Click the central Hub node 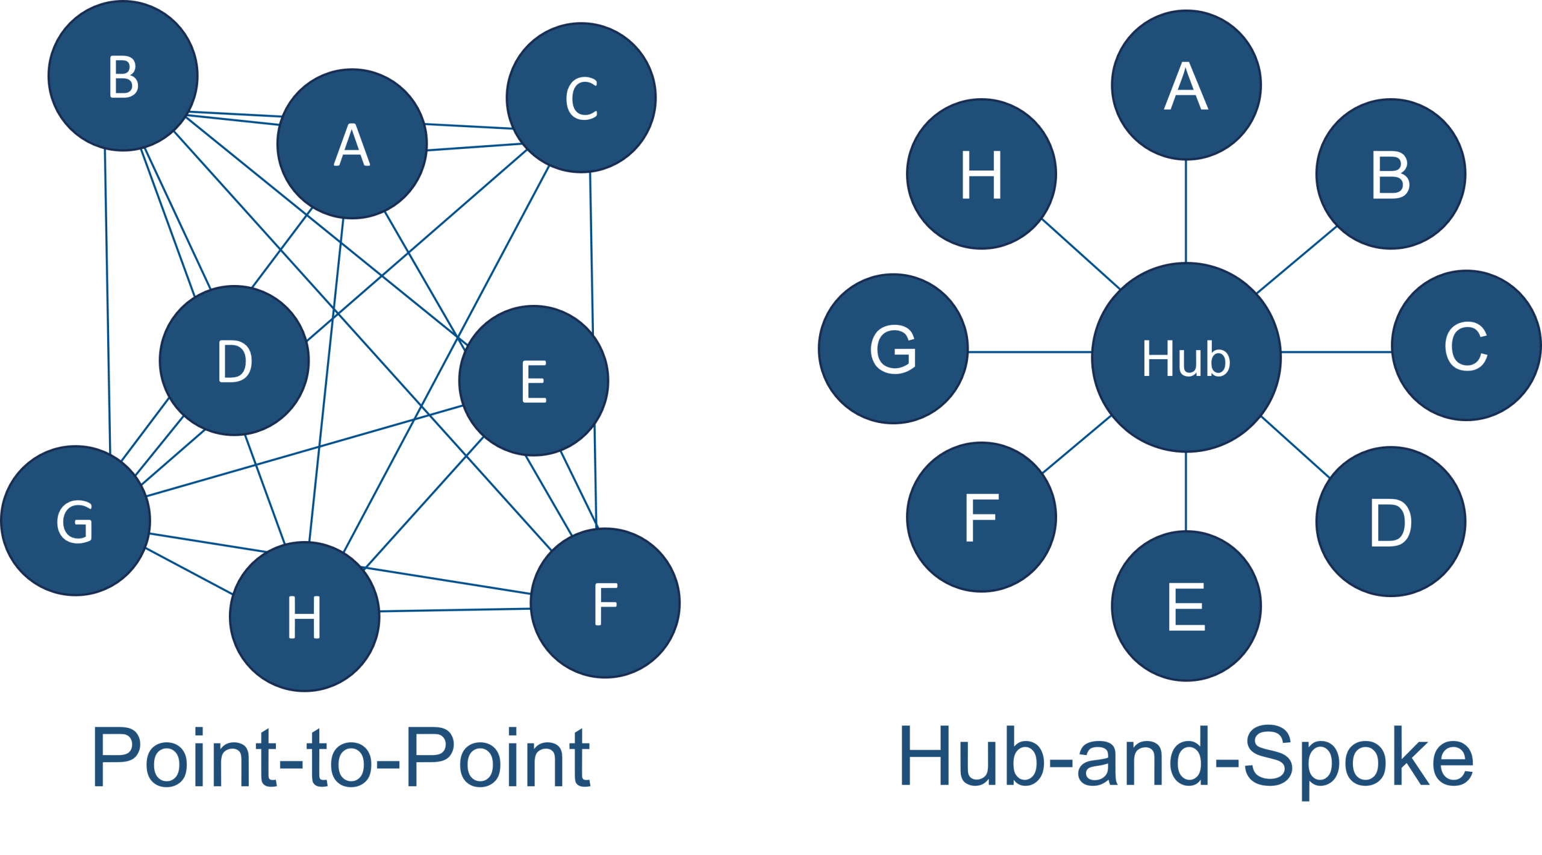(1185, 357)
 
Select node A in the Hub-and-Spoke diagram (1185, 85)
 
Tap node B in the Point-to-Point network (123, 76)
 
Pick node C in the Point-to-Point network (581, 98)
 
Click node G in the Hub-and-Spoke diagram (893, 349)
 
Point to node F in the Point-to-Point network (605, 603)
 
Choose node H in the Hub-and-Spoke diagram (981, 174)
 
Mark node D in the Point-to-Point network (234, 360)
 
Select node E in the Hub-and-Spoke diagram (1185, 606)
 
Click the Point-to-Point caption (341, 757)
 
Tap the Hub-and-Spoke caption (1185, 757)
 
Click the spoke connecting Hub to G (1030, 352)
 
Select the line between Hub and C (1336, 352)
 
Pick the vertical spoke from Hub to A (1185, 211)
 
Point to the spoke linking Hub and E (1185, 491)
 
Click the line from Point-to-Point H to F (455, 610)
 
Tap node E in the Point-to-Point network (534, 381)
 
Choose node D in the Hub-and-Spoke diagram (1390, 522)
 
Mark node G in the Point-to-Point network (75, 521)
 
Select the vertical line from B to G (107, 301)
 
